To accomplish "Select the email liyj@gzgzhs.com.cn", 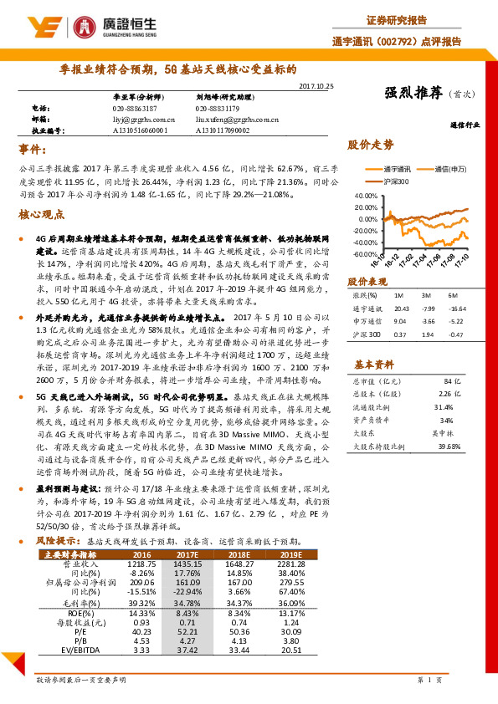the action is [x=139, y=120].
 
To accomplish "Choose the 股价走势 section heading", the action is [x=371, y=144].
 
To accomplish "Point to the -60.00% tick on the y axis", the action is [x=367, y=254].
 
